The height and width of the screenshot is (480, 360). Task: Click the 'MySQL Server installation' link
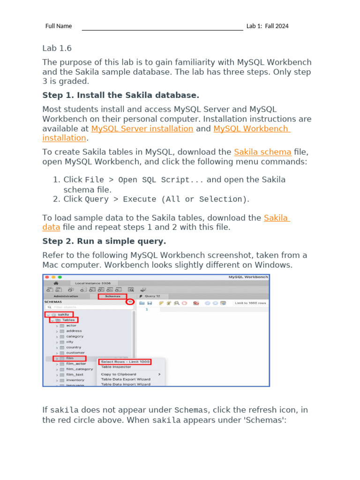[x=142, y=128]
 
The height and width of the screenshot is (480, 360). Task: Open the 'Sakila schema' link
[x=262, y=152]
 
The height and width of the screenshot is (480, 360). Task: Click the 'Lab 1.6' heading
[x=57, y=48]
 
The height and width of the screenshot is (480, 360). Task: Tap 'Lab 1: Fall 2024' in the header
[x=267, y=26]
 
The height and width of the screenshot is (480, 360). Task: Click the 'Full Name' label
[x=59, y=26]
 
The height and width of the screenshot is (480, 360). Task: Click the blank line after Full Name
[x=162, y=27]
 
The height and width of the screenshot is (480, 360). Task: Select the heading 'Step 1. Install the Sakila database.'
[x=120, y=95]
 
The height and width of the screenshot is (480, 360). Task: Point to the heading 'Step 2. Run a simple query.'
[x=104, y=241]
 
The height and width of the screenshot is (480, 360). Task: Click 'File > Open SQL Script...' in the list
[x=144, y=180]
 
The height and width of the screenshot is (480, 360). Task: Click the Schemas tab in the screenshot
[x=112, y=296]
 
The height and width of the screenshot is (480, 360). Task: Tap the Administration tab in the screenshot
[x=66, y=296]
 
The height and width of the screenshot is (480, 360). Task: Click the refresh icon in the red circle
[x=130, y=302]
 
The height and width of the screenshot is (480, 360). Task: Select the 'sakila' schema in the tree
[x=63, y=314]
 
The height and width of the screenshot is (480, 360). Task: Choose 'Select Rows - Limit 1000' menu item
[x=125, y=361]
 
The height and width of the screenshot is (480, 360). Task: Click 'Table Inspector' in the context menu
[x=116, y=367]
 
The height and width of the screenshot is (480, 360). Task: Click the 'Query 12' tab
[x=152, y=296]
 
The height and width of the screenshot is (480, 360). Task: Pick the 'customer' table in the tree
[x=75, y=352]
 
